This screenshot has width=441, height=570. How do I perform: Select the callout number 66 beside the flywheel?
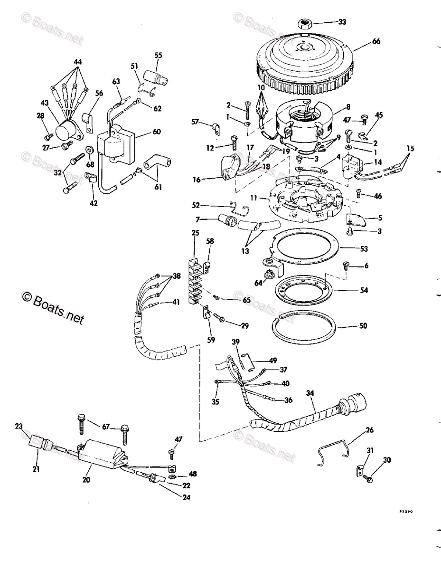click(x=376, y=42)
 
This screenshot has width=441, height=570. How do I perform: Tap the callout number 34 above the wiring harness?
click(x=310, y=393)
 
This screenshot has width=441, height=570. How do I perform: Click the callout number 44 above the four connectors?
click(x=77, y=62)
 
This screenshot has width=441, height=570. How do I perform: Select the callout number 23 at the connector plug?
click(x=19, y=427)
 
